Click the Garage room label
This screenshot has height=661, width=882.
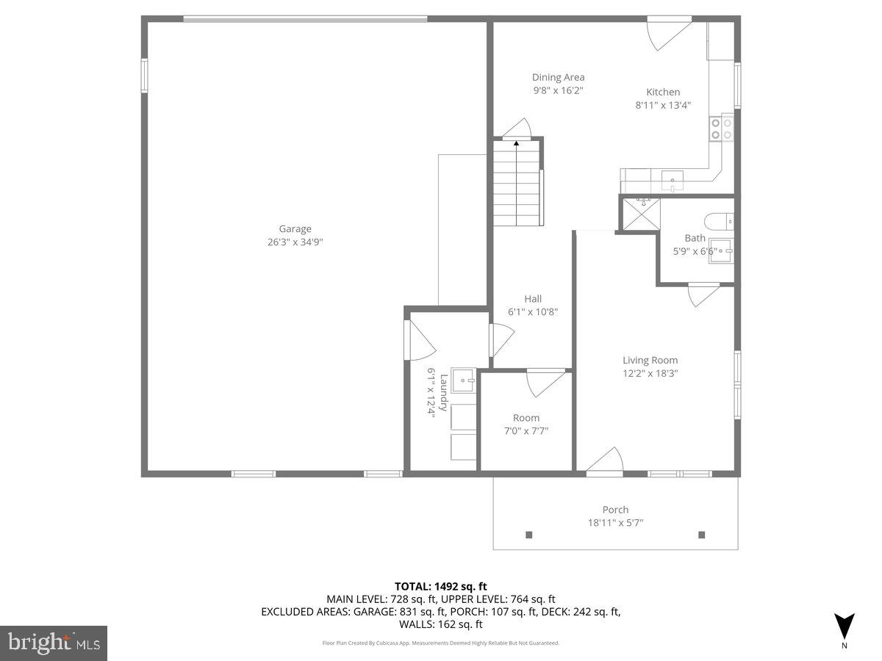click(x=295, y=228)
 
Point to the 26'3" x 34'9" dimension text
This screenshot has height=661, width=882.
click(x=295, y=242)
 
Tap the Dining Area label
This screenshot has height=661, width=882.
click(x=559, y=77)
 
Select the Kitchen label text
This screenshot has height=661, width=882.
click(x=663, y=92)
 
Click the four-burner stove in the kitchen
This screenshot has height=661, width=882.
click(x=721, y=129)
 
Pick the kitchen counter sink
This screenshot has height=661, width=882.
click(x=672, y=178)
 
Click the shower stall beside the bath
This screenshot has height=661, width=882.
click(x=638, y=213)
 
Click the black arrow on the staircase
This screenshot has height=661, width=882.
click(x=516, y=143)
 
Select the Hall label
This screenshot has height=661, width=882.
click(x=533, y=298)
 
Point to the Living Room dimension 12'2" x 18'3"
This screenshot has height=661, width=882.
click(x=650, y=373)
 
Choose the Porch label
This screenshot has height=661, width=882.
click(x=615, y=510)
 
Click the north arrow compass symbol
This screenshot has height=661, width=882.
click(x=845, y=626)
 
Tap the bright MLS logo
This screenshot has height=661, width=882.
click(x=54, y=643)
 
